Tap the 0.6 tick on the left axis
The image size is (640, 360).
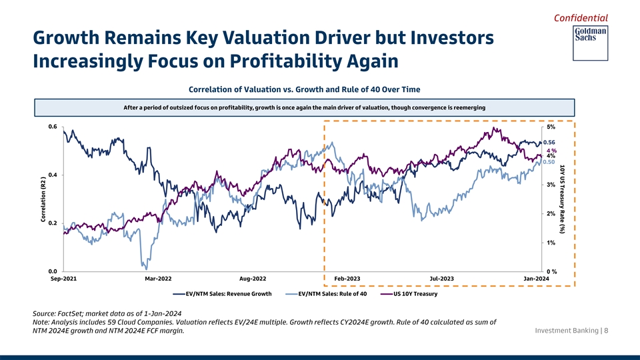pyautogui.click(x=52, y=127)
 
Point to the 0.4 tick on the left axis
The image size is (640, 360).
pyautogui.click(x=52, y=175)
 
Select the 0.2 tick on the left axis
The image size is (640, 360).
pyautogui.click(x=52, y=223)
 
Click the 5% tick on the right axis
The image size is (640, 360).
pyautogui.click(x=551, y=127)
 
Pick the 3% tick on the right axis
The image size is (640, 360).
pyautogui.click(x=551, y=185)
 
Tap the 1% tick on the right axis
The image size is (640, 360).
pyautogui.click(x=551, y=243)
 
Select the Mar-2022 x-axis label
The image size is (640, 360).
pyautogui.click(x=158, y=278)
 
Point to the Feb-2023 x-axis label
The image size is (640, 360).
pyautogui.click(x=347, y=278)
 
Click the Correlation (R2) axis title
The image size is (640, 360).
pyautogui.click(x=43, y=199)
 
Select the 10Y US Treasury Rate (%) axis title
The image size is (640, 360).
pyautogui.click(x=563, y=199)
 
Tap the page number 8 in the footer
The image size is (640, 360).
pyautogui.click(x=606, y=331)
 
